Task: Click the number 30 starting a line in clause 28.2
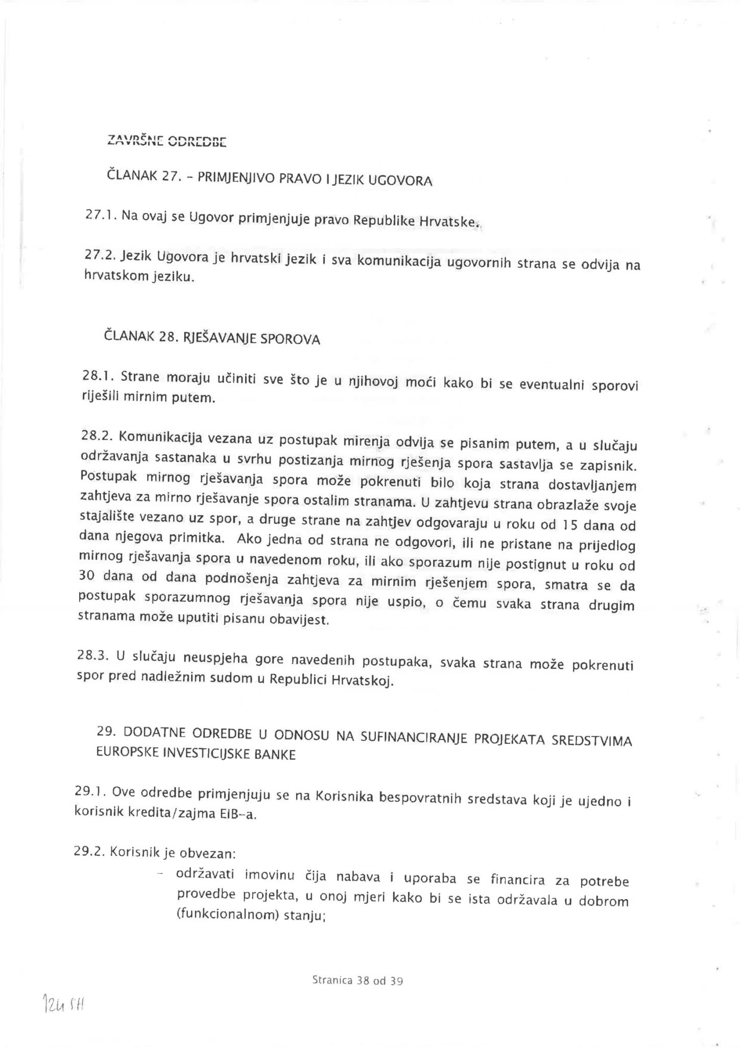pyautogui.click(x=86, y=576)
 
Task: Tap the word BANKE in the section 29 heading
pyautogui.click(x=279, y=755)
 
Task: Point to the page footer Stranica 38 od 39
pyautogui.click(x=357, y=981)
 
